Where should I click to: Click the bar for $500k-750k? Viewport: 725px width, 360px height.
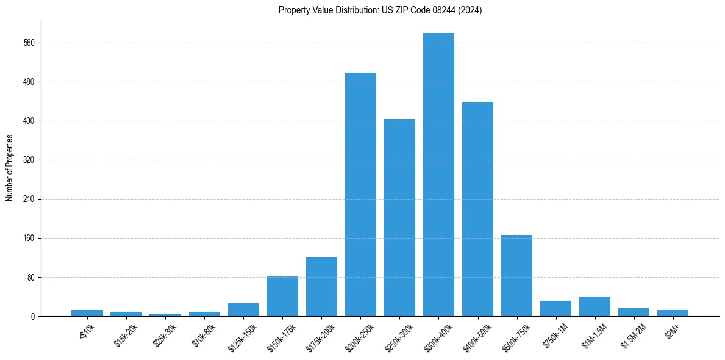[x=516, y=275]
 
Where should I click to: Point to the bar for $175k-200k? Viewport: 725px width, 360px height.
[x=321, y=287]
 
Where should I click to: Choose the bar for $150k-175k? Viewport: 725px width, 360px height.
[x=282, y=296]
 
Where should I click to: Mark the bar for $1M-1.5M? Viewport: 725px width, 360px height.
[x=595, y=306]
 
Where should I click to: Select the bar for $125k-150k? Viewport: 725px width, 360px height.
[x=243, y=309]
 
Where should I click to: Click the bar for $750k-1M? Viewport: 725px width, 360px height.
[x=555, y=308]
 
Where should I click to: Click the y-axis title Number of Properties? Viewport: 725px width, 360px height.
[x=9, y=168]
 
